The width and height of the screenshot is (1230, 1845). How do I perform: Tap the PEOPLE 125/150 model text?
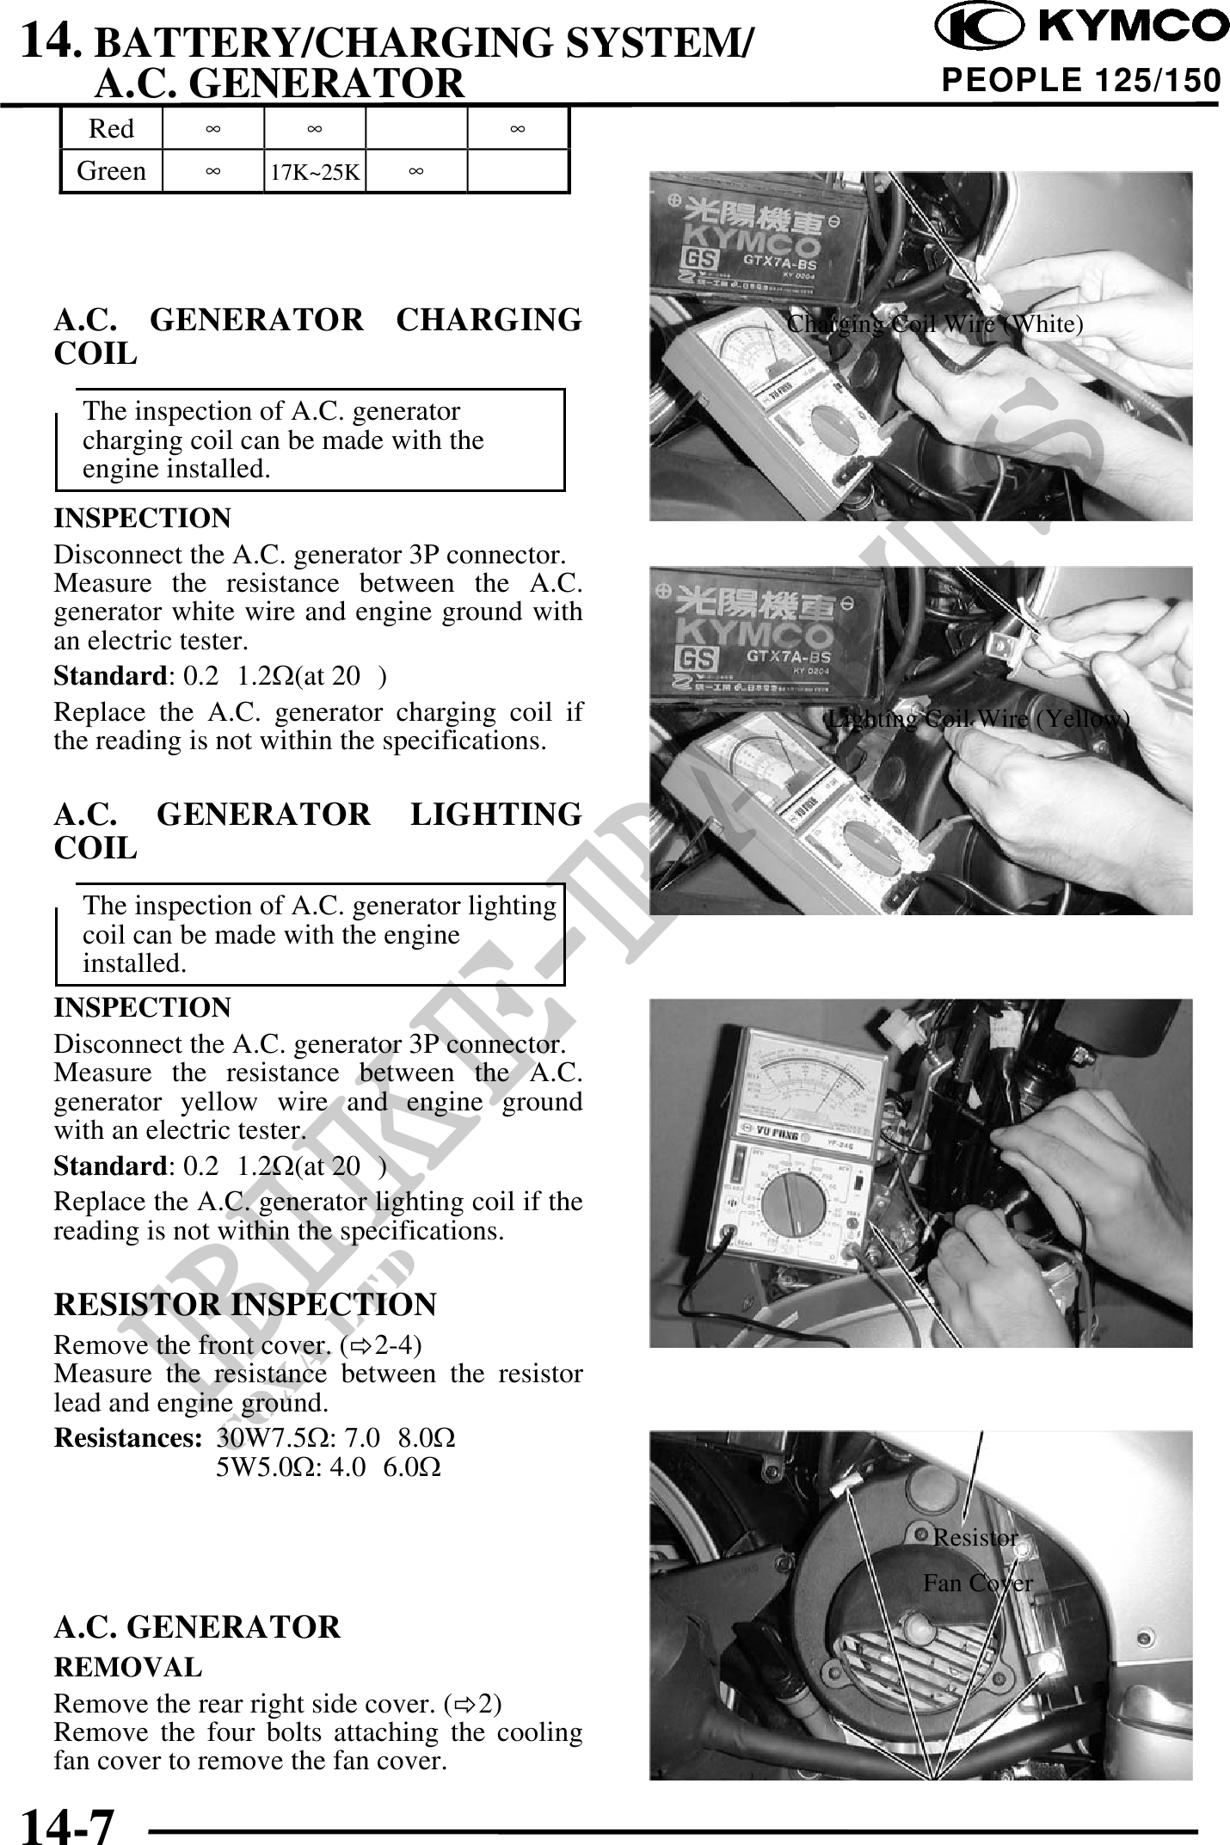1081,81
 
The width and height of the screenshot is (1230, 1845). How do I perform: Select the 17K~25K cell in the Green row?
315,172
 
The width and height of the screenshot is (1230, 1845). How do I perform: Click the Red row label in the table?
111,129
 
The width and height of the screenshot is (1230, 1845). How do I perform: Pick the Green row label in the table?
111,171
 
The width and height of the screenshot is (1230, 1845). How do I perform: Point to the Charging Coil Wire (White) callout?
935,324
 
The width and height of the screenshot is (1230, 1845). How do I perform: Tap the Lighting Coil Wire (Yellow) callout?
977,719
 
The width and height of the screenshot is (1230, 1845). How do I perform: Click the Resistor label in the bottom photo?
975,1537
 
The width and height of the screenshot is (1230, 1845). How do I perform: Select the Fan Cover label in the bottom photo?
978,1583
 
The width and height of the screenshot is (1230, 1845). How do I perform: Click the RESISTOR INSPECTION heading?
245,1304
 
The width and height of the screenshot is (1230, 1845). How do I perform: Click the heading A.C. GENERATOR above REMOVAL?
197,1627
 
